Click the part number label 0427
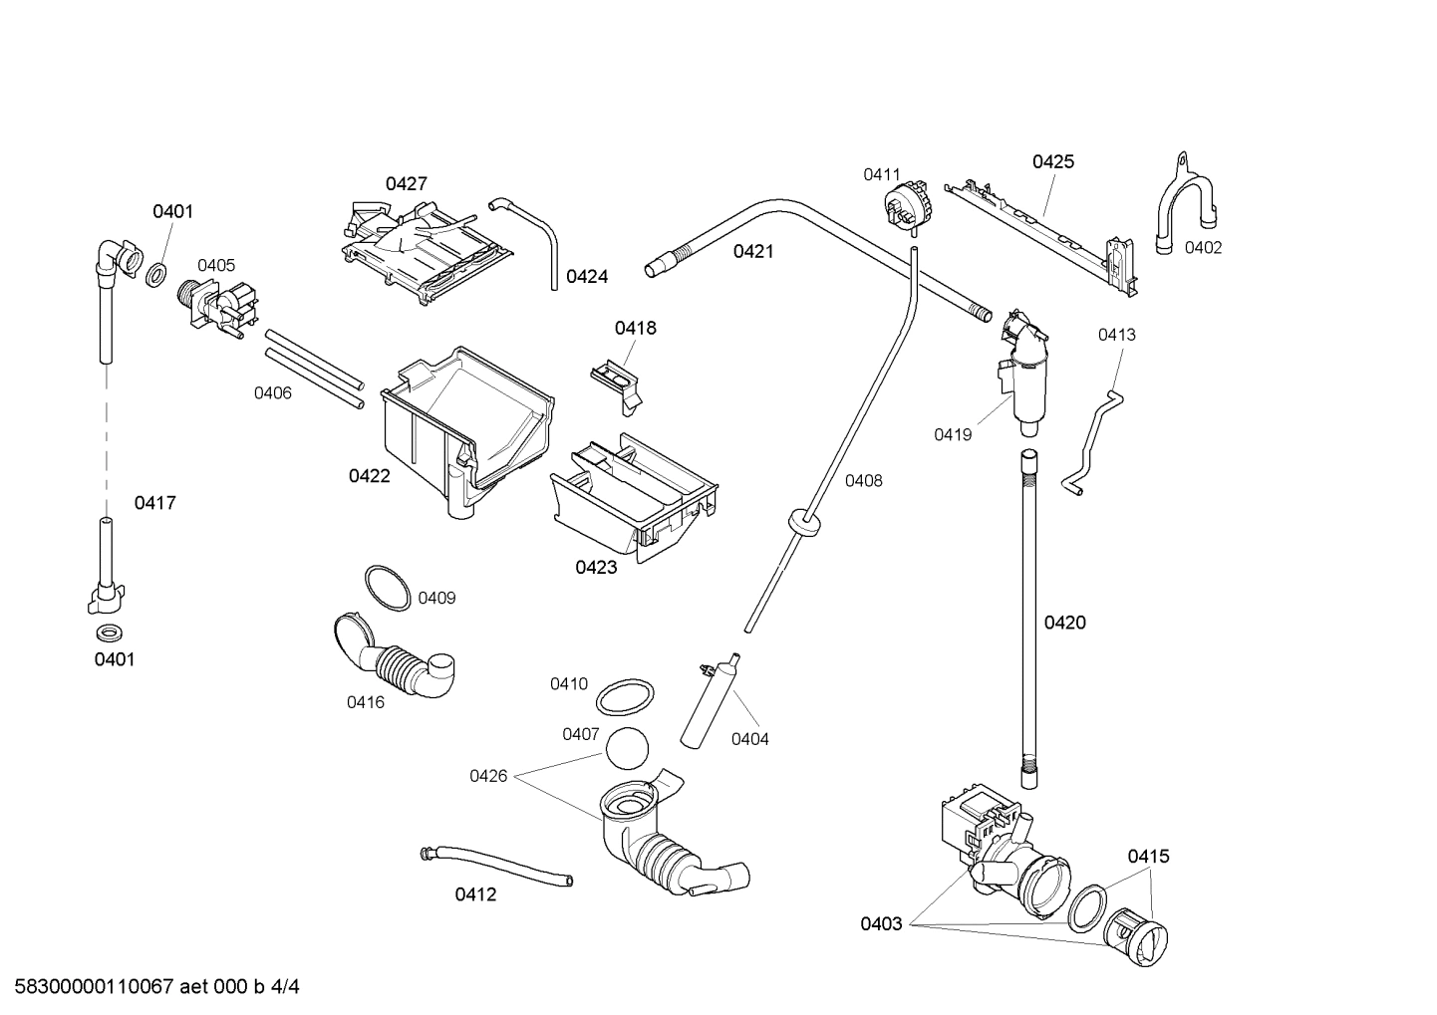pyautogui.click(x=407, y=183)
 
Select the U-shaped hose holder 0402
pyautogui.click(x=1186, y=211)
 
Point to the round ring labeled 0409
pyautogui.click(x=387, y=588)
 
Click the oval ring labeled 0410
pyautogui.click(x=626, y=696)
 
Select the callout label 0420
pyautogui.click(x=1064, y=623)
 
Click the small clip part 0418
pyautogui.click(x=618, y=381)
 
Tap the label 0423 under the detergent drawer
pyautogui.click(x=596, y=568)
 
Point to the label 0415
pyautogui.click(x=1148, y=856)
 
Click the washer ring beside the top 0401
pyautogui.click(x=156, y=274)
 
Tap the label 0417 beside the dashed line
pyautogui.click(x=155, y=503)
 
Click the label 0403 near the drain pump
pyautogui.click(x=881, y=923)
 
